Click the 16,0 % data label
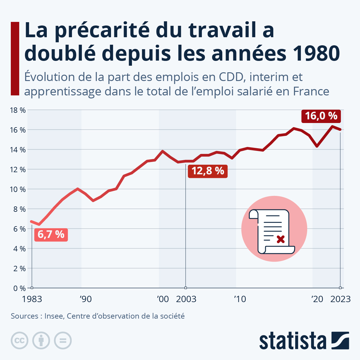321,116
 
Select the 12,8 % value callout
208,171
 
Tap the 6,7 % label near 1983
51,234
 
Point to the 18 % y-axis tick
18,110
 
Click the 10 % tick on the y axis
18,189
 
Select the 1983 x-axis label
32,299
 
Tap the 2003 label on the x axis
186,299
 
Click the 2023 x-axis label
340,299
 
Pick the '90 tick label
85,299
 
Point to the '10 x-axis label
240,299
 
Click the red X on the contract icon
280,239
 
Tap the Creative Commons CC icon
20,340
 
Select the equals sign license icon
63,340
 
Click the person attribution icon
41,340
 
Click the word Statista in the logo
292,341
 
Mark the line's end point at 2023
340,130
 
